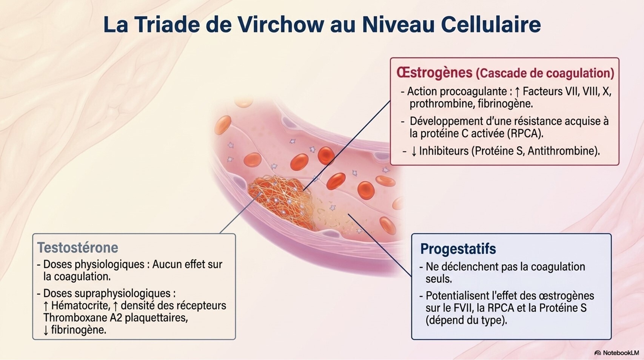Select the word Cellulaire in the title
pyautogui.click(x=491, y=25)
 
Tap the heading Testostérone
pyautogui.click(x=78, y=247)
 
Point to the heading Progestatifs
pyautogui.click(x=458, y=249)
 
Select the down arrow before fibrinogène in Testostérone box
pyautogui.click(x=46, y=331)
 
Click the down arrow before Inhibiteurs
pyautogui.click(x=414, y=151)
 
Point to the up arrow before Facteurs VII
pyautogui.click(x=517, y=92)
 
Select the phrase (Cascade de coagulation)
pyautogui.click(x=545, y=73)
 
